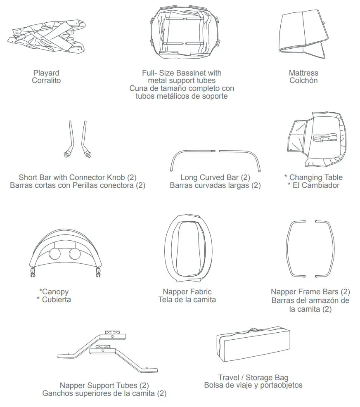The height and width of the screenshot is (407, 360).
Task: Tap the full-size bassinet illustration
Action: click(x=185, y=33)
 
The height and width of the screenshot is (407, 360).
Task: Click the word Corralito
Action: click(x=46, y=81)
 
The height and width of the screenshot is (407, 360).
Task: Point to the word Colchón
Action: click(x=303, y=81)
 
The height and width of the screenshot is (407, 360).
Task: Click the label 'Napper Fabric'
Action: click(x=187, y=292)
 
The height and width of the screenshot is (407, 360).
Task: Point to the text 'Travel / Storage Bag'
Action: click(x=253, y=378)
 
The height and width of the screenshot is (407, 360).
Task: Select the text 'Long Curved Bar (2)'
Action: click(x=215, y=178)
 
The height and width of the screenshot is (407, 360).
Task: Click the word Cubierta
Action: click(x=56, y=300)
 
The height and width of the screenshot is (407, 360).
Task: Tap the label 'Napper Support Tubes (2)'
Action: click(x=104, y=386)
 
